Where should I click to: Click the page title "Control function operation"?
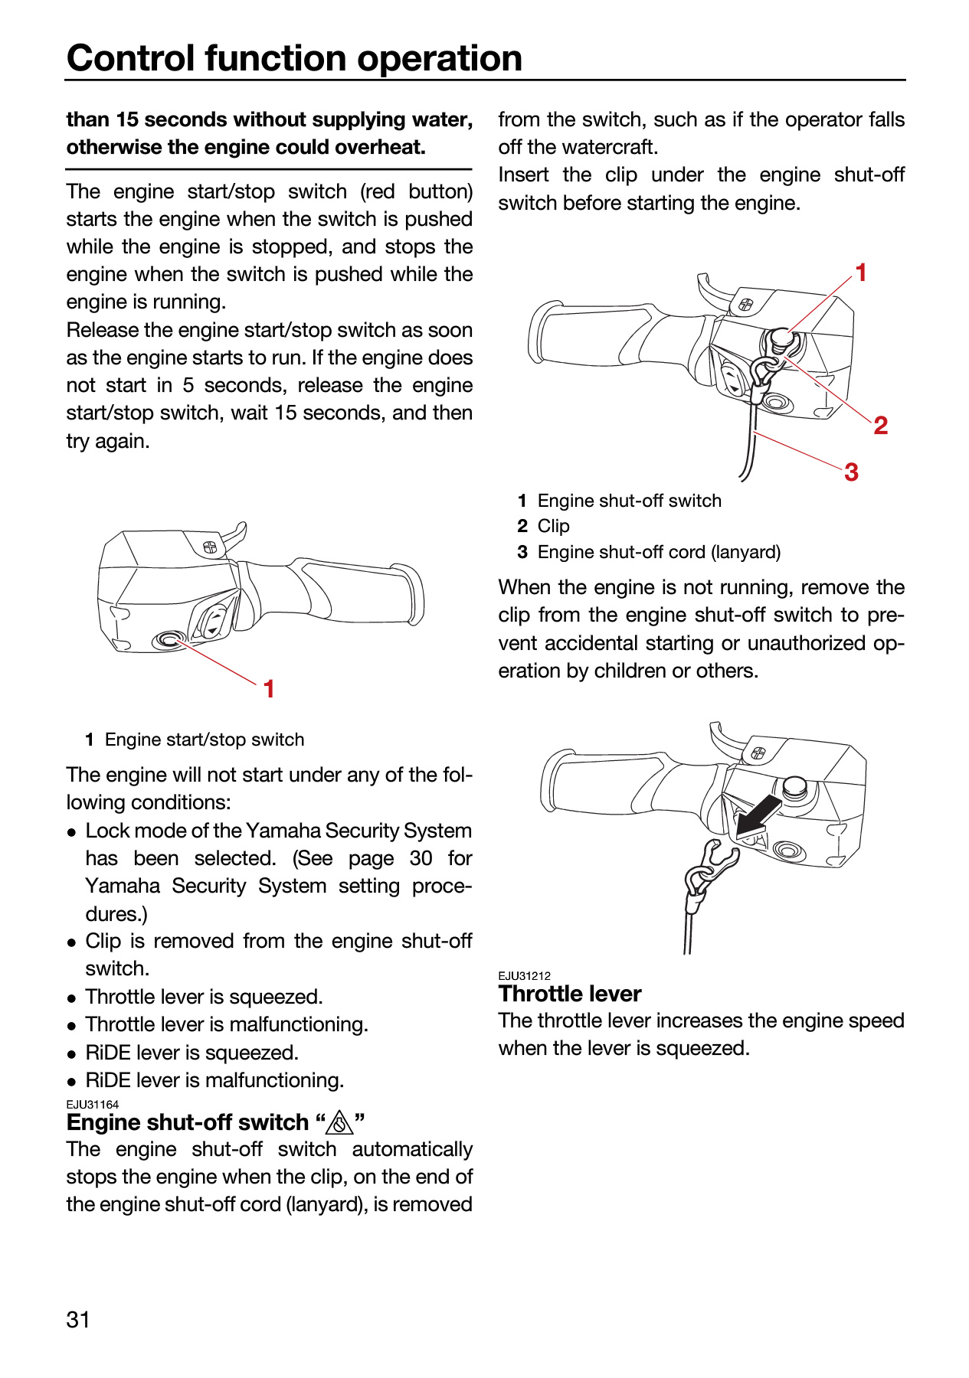pos(295,57)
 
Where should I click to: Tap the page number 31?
pos(78,1319)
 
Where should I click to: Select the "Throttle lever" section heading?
pos(570,994)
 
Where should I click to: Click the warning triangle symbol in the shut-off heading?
pos(339,1123)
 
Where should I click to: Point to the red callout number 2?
pos(881,426)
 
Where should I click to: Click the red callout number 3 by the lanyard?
pos(851,472)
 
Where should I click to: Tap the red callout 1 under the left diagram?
pos(269,689)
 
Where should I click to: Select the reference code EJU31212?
pos(525,976)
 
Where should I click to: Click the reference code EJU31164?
pos(93,1105)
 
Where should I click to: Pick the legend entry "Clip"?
pos(554,526)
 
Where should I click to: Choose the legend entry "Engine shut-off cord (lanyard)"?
pos(659,552)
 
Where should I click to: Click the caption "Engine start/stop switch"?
pos(205,740)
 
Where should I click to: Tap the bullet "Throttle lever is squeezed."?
pos(204,997)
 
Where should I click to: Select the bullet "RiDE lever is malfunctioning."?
pos(214,1080)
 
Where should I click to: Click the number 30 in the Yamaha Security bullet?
pos(421,858)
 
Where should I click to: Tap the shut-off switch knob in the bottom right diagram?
pos(795,787)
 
